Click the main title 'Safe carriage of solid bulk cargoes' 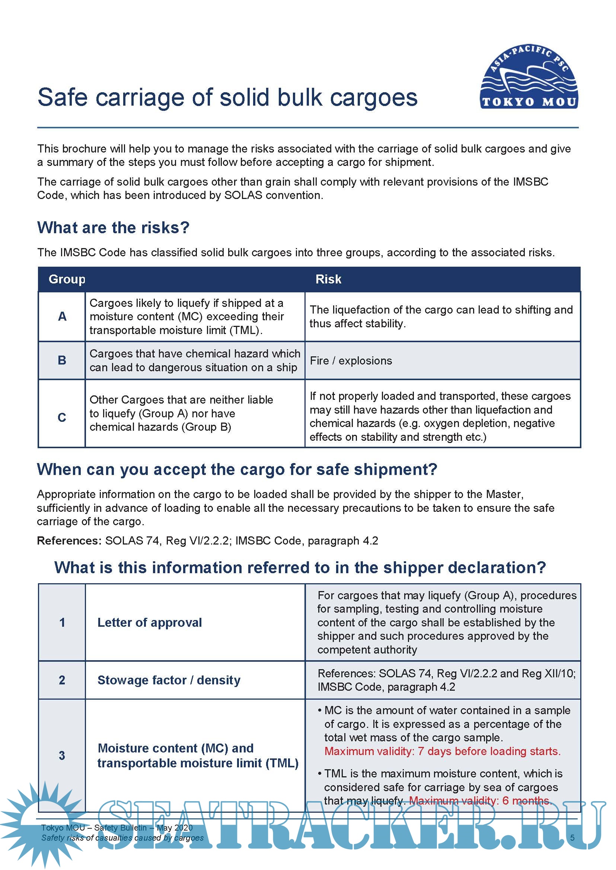[x=227, y=97]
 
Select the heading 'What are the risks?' [x=113, y=228]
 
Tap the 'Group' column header [x=67, y=279]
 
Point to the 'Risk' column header [x=328, y=279]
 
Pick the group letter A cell [x=62, y=316]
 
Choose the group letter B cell [x=62, y=360]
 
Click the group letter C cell [x=62, y=417]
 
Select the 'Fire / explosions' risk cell [x=351, y=360]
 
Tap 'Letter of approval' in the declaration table [x=150, y=622]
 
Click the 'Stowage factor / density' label [x=169, y=680]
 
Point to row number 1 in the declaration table [x=62, y=622]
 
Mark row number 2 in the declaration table [x=62, y=680]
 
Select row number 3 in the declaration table [x=62, y=755]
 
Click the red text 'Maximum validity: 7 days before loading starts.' [x=442, y=751]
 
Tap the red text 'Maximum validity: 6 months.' [x=481, y=800]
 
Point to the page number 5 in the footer [x=572, y=838]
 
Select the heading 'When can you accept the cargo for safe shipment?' [x=237, y=470]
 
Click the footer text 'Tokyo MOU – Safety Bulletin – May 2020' [x=117, y=828]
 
